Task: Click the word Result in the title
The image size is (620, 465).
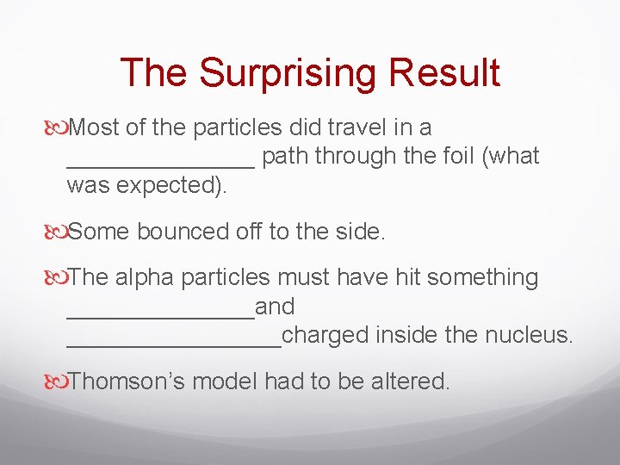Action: click(444, 73)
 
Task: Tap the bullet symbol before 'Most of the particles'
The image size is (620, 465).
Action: click(57, 128)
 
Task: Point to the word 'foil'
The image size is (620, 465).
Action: click(466, 156)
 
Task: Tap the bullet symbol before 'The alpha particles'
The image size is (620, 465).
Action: click(57, 278)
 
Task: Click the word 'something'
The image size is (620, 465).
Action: click(483, 277)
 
